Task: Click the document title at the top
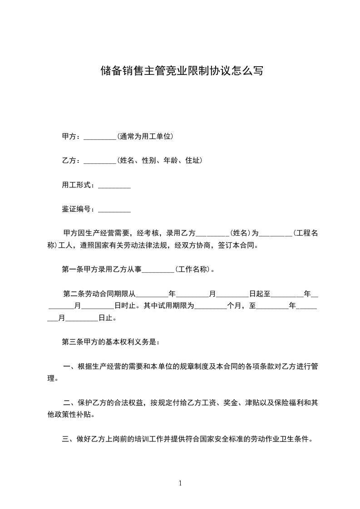click(181, 71)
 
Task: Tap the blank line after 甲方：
click(100, 137)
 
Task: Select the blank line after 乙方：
click(100, 161)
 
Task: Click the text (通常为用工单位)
click(145, 136)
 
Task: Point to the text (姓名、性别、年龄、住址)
click(159, 161)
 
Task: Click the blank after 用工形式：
click(114, 186)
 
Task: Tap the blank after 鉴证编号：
click(114, 210)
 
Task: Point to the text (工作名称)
click(192, 269)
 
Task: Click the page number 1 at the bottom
click(180, 483)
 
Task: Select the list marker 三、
click(69, 439)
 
